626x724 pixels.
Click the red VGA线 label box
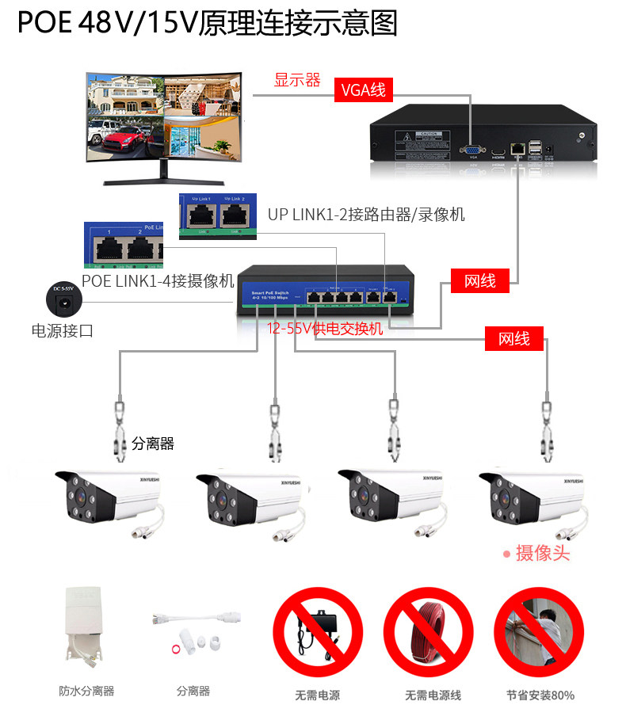[364, 90]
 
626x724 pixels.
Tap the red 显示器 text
[297, 80]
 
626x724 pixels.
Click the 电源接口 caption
[62, 331]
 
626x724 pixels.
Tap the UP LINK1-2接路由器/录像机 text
[366, 214]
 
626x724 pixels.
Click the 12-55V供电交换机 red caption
[325, 328]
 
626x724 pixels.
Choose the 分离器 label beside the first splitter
[153, 444]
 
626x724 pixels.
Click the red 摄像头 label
[543, 553]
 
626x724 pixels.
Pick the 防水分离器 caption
[86, 691]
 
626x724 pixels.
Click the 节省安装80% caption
[540, 695]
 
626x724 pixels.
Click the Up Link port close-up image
[218, 214]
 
